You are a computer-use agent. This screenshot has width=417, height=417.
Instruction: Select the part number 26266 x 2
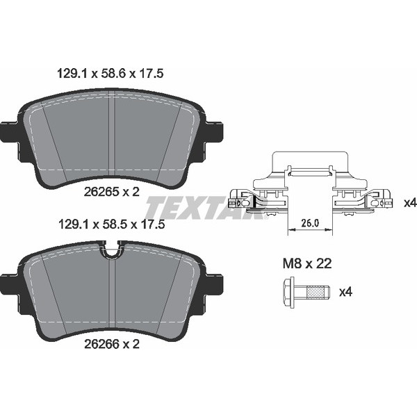pos(111,343)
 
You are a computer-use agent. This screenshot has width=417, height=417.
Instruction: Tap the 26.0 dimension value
pos(309,223)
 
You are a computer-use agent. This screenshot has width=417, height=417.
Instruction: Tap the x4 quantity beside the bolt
pos(345,292)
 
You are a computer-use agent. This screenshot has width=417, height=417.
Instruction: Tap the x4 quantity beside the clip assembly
pos(409,203)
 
